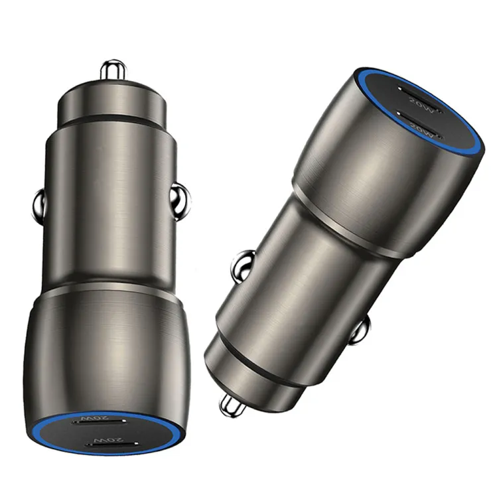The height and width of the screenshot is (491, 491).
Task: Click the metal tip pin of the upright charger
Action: tap(113, 70)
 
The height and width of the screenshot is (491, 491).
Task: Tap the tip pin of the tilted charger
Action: tap(232, 405)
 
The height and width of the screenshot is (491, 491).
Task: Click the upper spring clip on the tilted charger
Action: tap(242, 265)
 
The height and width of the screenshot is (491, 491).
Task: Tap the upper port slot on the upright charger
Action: tap(100, 422)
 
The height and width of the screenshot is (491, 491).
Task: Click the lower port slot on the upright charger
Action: tap(111, 444)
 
